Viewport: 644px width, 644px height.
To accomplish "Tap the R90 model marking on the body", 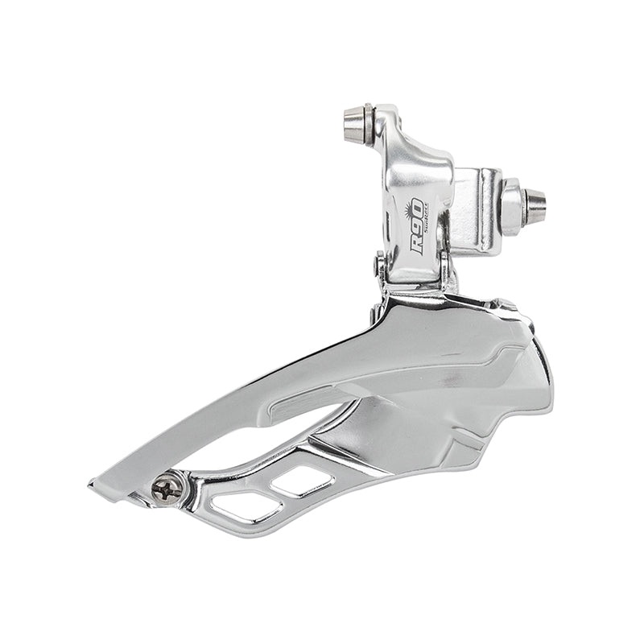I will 417,227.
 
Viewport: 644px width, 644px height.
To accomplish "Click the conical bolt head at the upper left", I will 352,123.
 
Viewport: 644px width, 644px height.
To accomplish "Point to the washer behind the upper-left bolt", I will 368,123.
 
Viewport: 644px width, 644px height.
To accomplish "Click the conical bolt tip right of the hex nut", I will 535,206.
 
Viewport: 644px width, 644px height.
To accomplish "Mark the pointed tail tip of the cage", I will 93,485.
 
